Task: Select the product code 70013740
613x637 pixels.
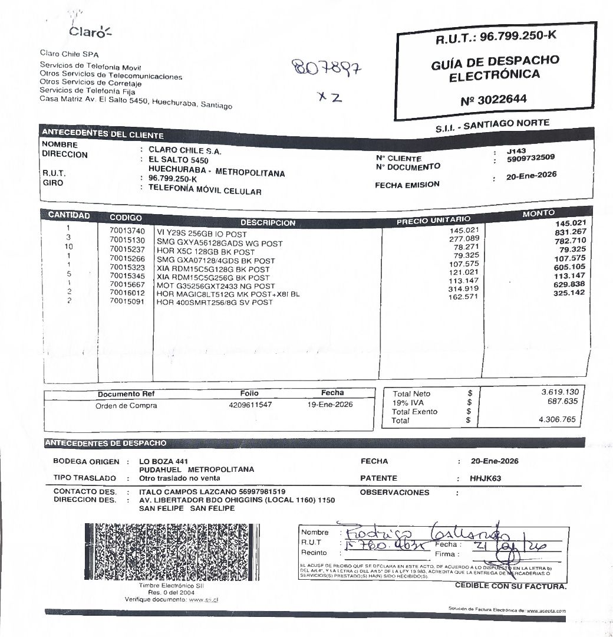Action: [x=127, y=231]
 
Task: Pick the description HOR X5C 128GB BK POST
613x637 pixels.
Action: [x=205, y=252]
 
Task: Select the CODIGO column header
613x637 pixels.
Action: [x=126, y=217]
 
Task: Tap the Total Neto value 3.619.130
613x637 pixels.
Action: [x=560, y=392]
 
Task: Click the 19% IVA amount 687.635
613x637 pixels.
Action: [x=563, y=402]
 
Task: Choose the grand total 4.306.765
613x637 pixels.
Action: [x=557, y=419]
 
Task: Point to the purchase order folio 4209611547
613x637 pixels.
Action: [x=251, y=405]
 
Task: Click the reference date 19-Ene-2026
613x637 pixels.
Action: [x=330, y=405]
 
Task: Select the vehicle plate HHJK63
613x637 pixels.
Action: [x=485, y=478]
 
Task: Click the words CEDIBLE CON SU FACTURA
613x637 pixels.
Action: [x=510, y=586]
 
